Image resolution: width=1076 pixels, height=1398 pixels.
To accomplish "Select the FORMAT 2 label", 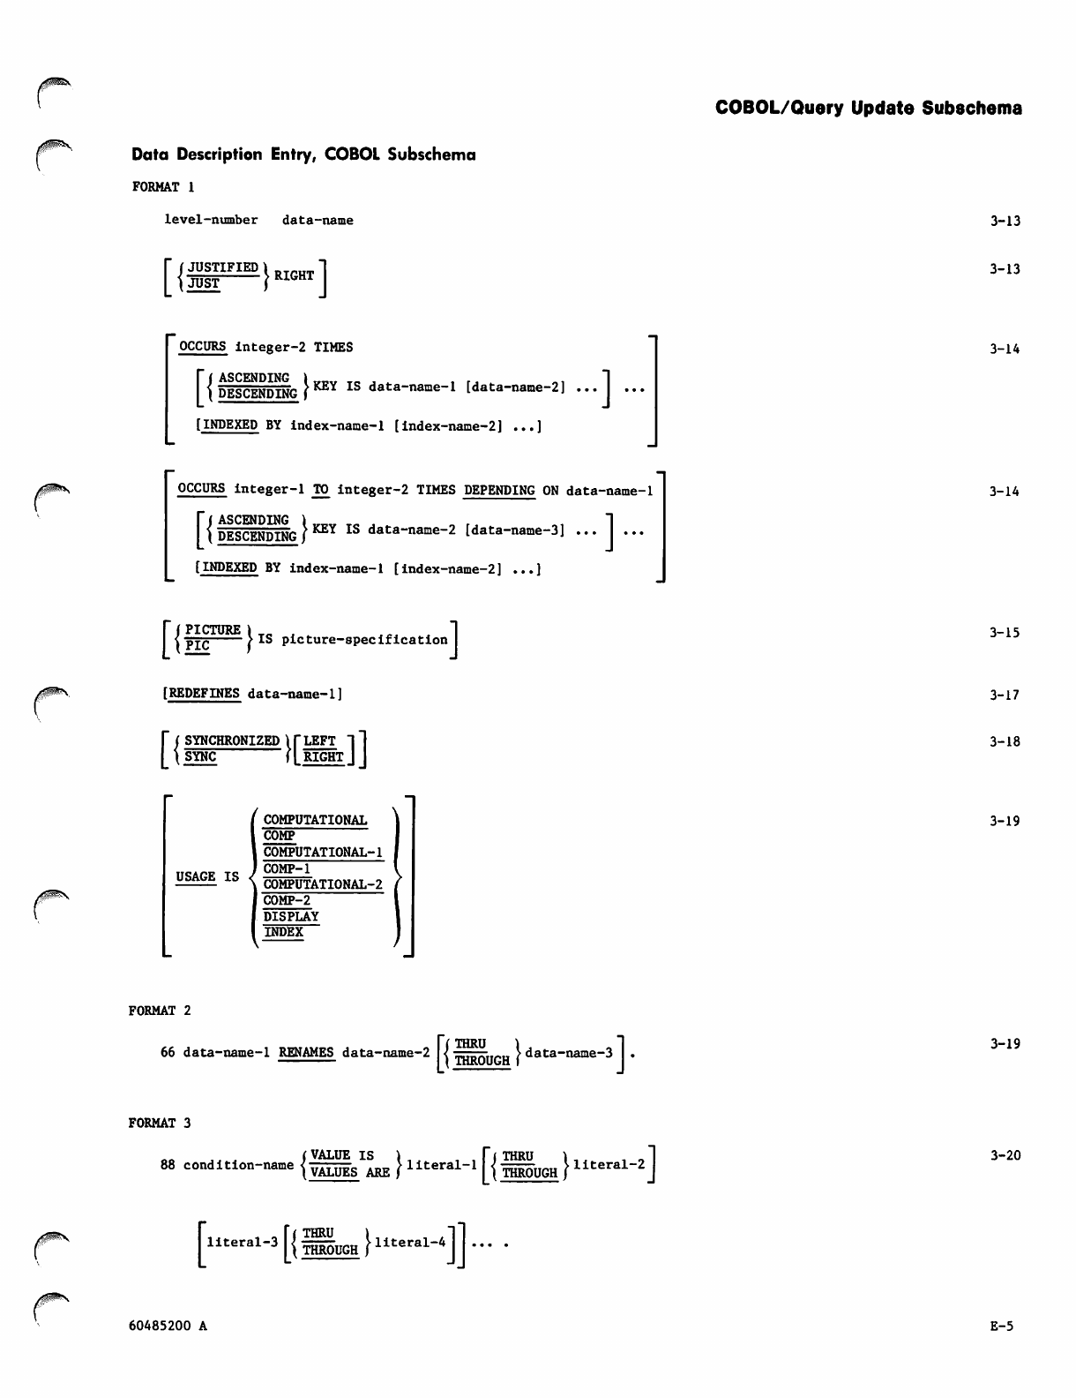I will click(x=160, y=1011).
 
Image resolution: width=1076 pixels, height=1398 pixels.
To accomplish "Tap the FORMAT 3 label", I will click(x=160, y=1124).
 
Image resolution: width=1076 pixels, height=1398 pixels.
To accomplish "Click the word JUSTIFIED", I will click(x=223, y=267).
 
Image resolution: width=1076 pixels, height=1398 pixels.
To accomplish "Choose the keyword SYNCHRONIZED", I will click(x=232, y=740).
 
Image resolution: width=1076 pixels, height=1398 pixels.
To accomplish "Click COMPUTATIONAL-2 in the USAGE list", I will click(x=323, y=884).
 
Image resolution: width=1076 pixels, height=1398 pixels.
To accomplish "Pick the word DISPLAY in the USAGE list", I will click(x=291, y=916).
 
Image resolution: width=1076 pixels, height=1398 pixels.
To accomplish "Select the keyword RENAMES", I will click(x=306, y=1052).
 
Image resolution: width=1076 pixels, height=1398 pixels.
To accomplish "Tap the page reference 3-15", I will click(x=1005, y=633).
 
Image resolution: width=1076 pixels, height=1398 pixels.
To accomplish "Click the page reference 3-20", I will click(x=1005, y=1155).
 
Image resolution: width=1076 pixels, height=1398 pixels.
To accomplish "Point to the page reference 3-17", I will click(x=1005, y=695).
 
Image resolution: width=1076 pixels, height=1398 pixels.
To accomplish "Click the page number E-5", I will click(x=1002, y=1326).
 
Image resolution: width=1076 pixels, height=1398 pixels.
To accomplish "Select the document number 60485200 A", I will click(x=168, y=1326).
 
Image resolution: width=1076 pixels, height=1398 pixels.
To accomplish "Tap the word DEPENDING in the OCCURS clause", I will click(x=499, y=491).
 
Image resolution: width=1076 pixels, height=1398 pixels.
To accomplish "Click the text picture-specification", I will click(x=364, y=639).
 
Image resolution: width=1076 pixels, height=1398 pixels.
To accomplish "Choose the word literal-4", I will click(x=410, y=1243).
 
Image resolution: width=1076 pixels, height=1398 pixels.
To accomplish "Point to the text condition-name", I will click(x=238, y=1165).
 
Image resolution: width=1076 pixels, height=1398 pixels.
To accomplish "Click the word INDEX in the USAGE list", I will click(x=283, y=932).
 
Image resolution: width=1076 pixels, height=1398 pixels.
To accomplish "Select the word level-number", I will click(x=211, y=220).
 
